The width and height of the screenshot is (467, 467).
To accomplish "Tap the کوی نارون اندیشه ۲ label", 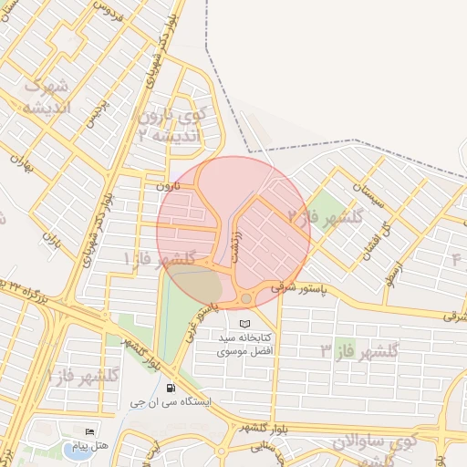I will pos(173,126).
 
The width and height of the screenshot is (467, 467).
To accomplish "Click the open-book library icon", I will pos(244,324).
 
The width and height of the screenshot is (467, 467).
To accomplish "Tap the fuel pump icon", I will pos(173,387).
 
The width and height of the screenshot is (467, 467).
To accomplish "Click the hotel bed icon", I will pos(89,431).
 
